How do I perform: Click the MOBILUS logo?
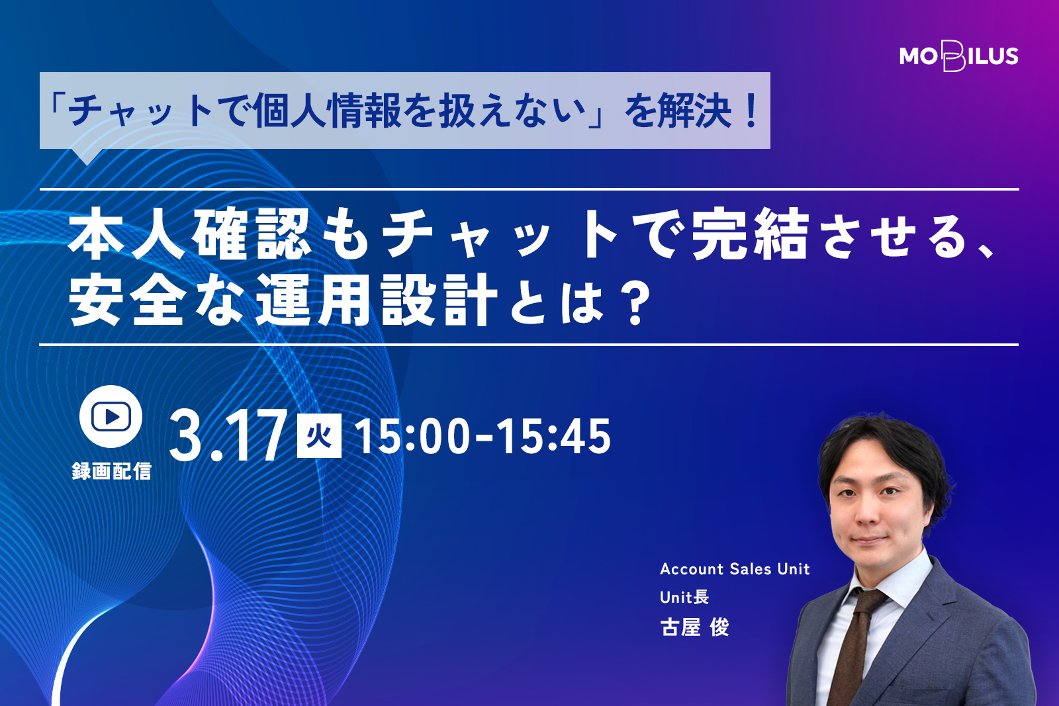[x=959, y=56]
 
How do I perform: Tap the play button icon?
[x=111, y=416]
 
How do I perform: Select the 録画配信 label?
[x=112, y=471]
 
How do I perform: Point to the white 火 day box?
[x=319, y=435]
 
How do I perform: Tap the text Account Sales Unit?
[x=735, y=569]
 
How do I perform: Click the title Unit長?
[x=684, y=597]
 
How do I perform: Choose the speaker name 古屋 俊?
[x=694, y=627]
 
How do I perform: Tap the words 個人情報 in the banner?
[x=327, y=112]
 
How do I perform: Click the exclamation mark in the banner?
[x=751, y=112]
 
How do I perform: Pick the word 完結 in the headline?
[x=749, y=234]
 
